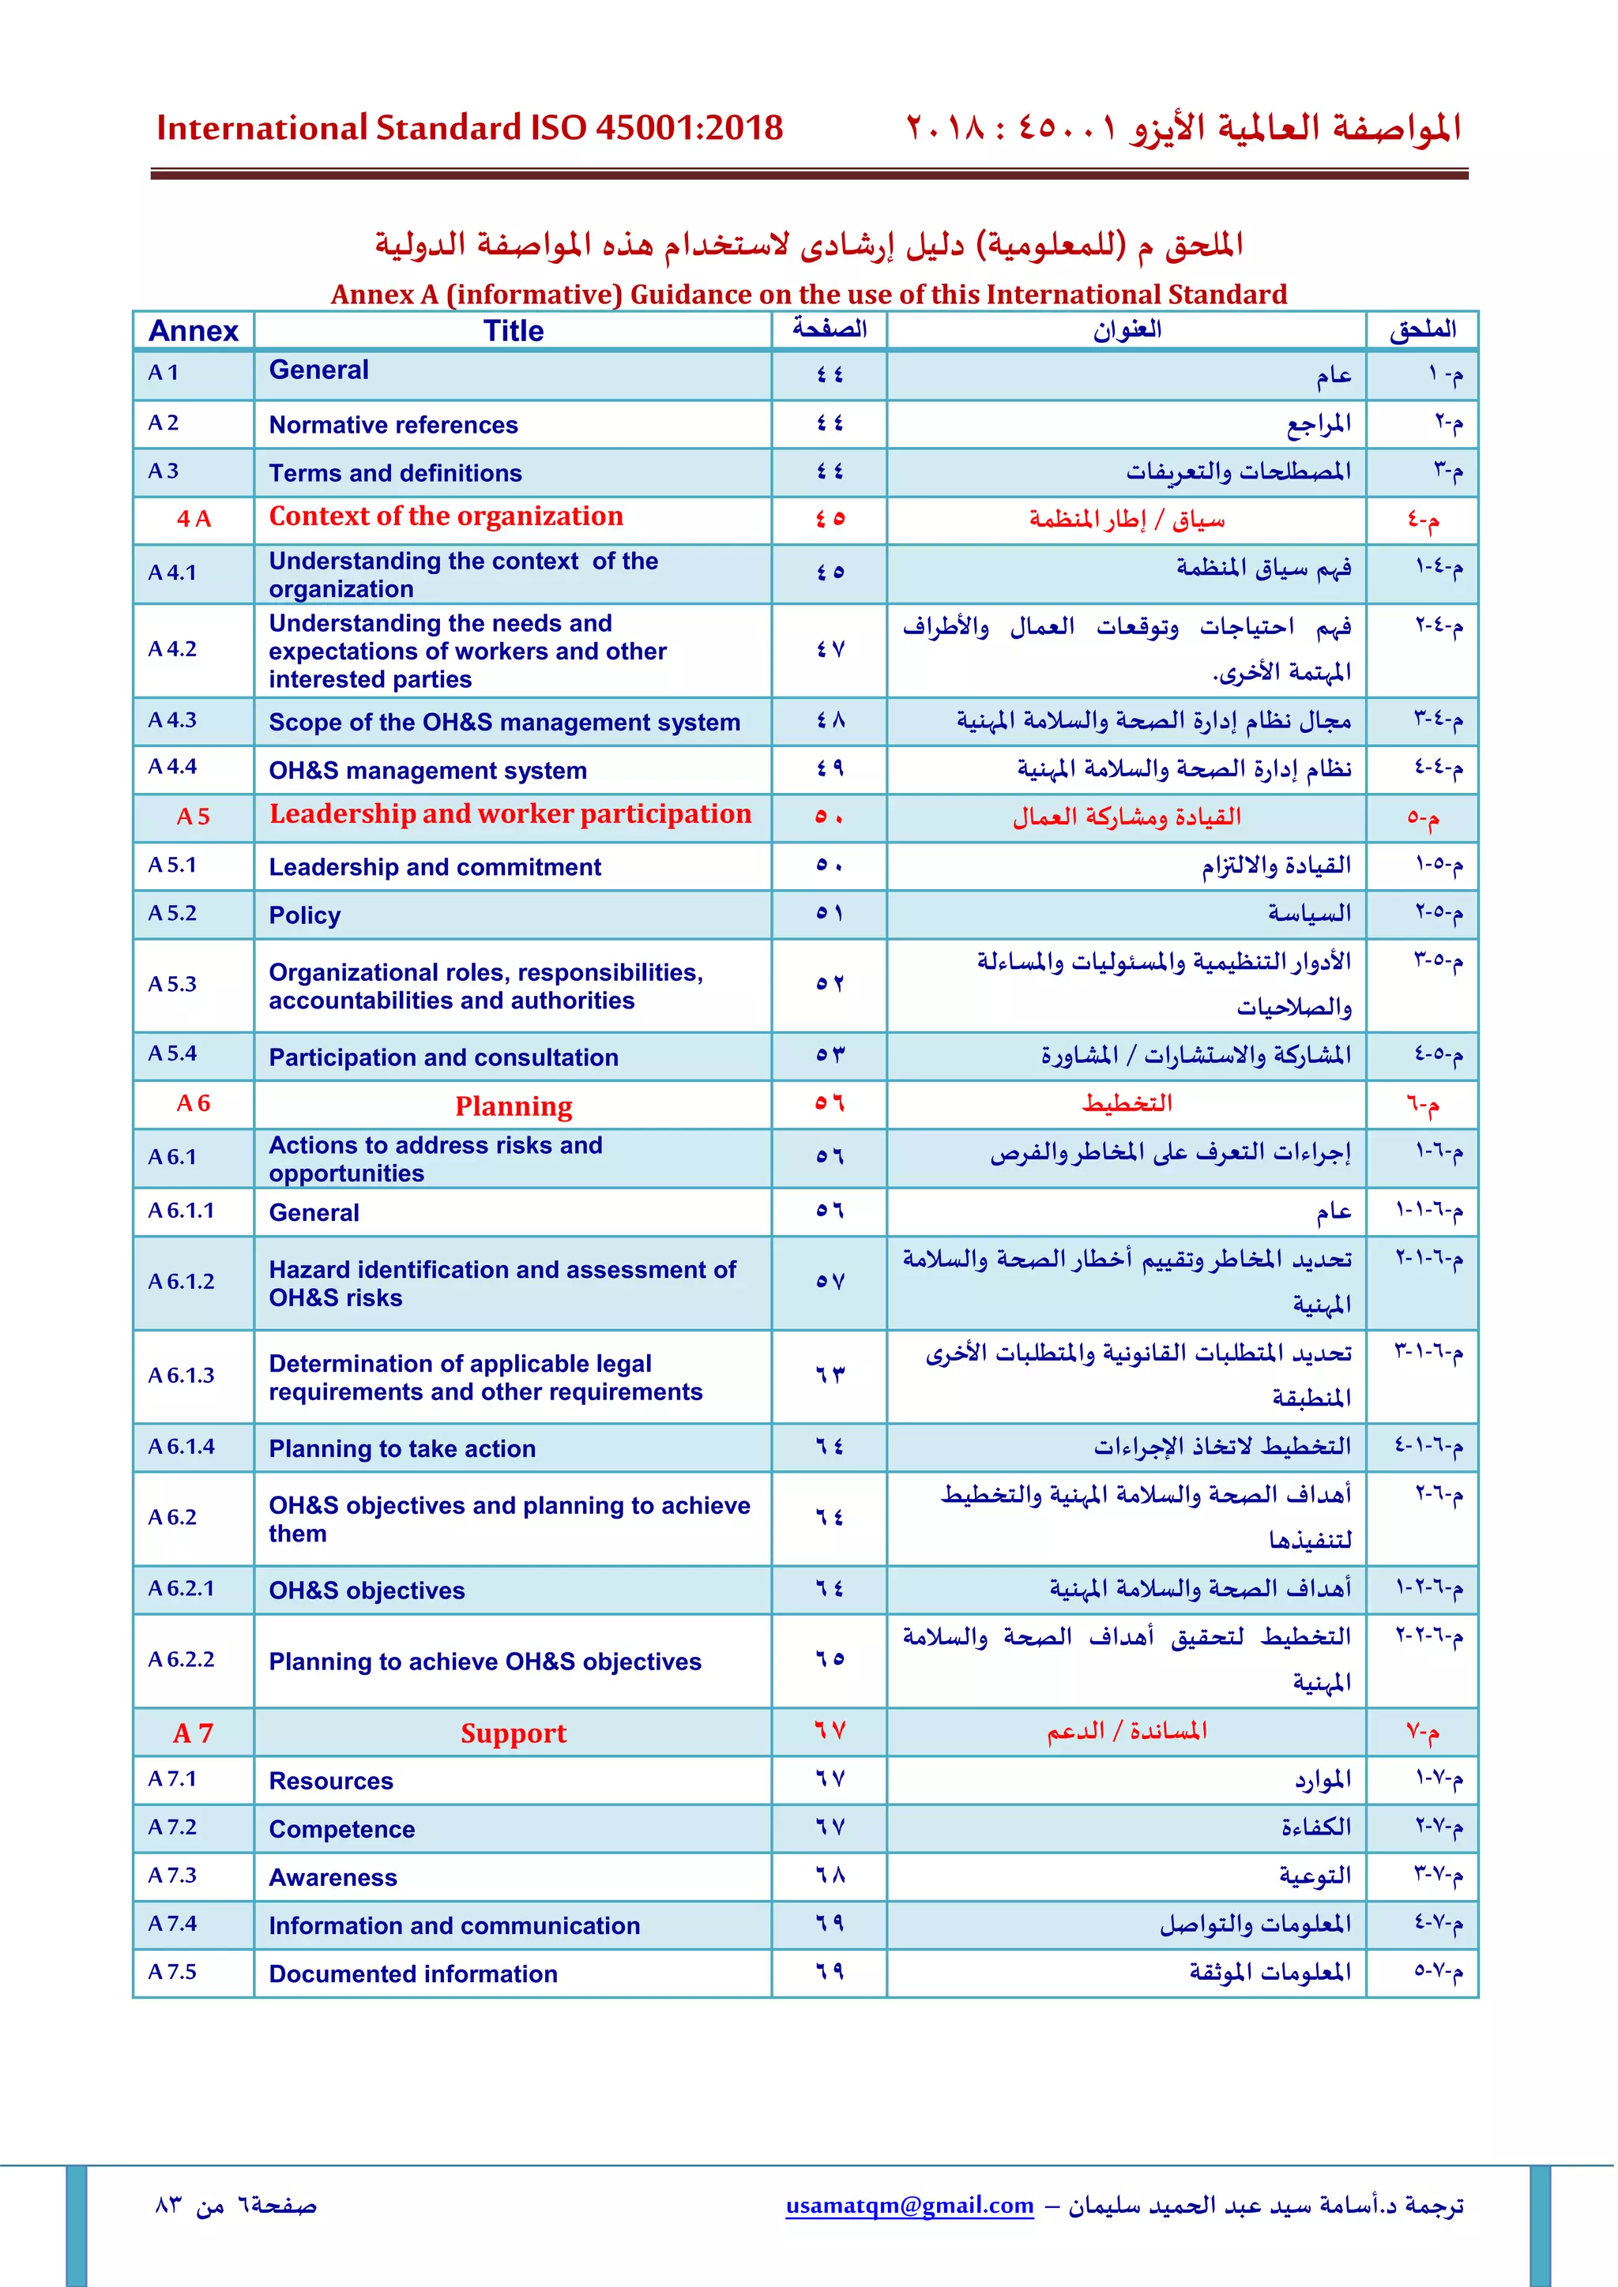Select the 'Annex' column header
point(194,331)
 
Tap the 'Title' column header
point(513,331)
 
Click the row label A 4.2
point(172,649)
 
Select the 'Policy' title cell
point(305,915)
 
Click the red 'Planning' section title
point(513,1106)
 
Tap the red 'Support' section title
point(513,1733)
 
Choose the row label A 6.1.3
point(182,1376)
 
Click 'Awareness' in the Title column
point(333,1878)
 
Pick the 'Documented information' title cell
point(412,1974)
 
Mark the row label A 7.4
point(172,1924)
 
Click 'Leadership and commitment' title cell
point(435,868)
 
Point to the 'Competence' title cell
point(342,1830)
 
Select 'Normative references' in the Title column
point(393,426)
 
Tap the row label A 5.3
point(172,984)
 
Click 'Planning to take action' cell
point(401,1449)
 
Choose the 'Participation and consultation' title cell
point(443,1058)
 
